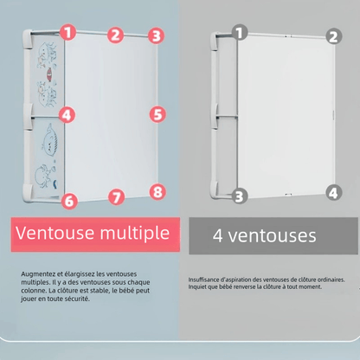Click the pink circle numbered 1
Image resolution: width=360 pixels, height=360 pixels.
(68, 32)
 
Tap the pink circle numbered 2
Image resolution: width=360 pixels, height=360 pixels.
(115, 35)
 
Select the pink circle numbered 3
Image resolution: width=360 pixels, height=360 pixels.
(156, 36)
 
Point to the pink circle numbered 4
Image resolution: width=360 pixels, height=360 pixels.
(67, 115)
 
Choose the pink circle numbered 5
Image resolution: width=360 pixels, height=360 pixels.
(157, 114)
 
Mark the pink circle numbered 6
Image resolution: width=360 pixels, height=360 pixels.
(69, 201)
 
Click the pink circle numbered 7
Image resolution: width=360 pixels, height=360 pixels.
(116, 197)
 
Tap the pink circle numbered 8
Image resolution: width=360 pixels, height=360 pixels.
(157, 192)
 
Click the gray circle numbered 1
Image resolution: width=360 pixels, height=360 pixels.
(240, 32)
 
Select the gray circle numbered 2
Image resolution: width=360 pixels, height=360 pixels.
(334, 36)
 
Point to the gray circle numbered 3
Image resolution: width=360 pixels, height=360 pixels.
(240, 196)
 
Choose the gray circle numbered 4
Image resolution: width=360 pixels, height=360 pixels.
(334, 192)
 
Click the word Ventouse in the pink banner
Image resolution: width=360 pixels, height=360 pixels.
(55, 233)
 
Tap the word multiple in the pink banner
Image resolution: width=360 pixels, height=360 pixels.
(135, 234)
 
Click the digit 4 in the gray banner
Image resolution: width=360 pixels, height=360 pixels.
(218, 235)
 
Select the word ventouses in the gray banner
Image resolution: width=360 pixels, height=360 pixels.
(273, 236)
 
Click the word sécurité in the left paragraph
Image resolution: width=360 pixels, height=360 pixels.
(78, 299)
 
